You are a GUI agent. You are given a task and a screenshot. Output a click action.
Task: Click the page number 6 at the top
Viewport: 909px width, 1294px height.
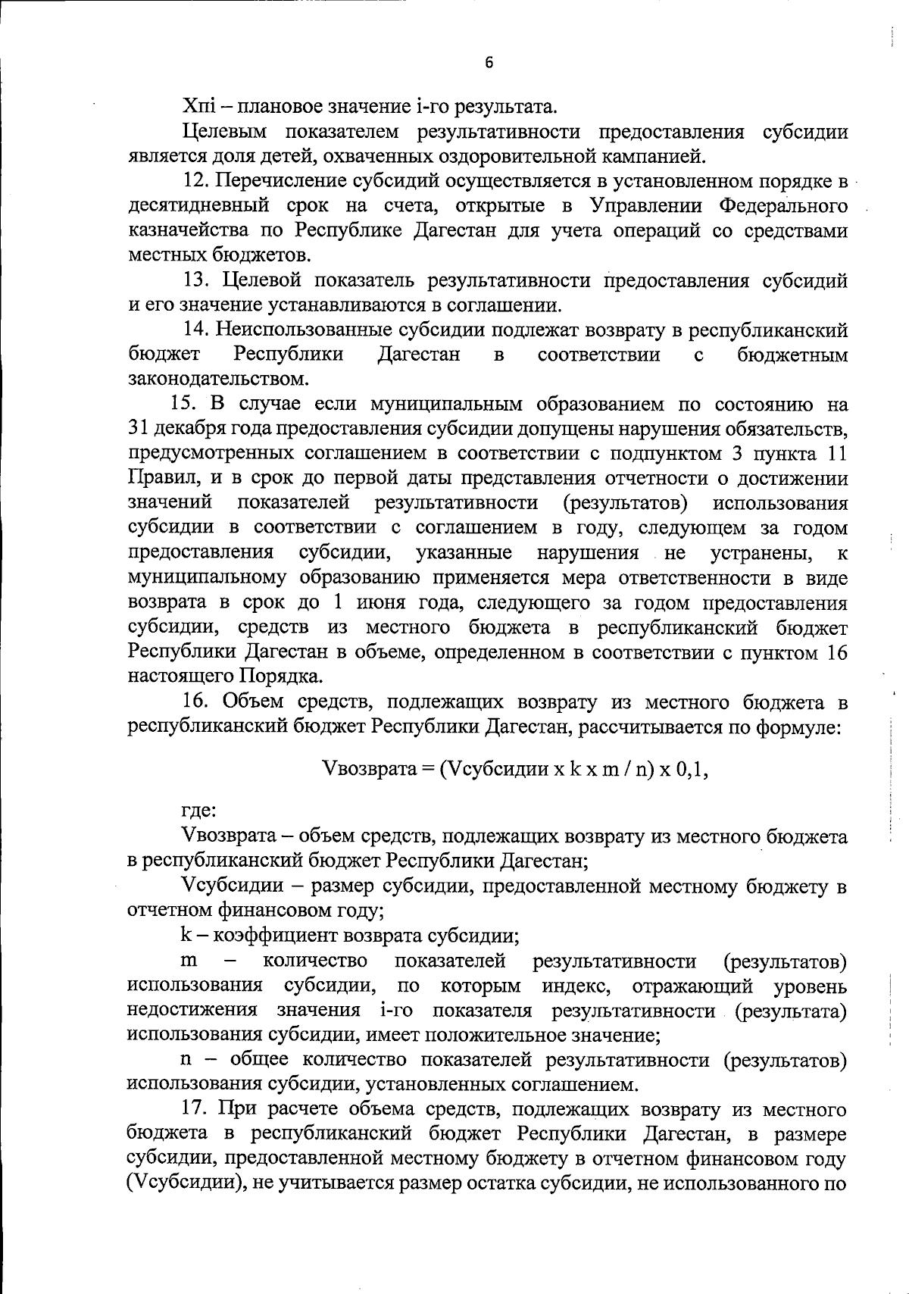tap(489, 63)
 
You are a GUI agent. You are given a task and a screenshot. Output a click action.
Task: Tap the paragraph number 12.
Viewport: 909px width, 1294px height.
tap(198, 182)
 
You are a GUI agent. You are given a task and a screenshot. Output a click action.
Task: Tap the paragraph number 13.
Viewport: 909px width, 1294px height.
tap(198, 281)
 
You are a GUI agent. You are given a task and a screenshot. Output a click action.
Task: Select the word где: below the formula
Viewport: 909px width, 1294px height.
tap(200, 810)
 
